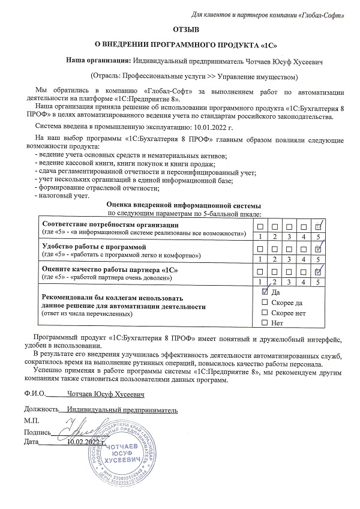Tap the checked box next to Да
pos(265,291)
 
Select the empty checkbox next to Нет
pos(265,324)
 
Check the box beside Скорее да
pos(265,303)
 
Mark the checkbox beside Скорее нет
pos(265,313)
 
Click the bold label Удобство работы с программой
pos(94,247)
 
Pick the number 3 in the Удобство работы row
pos(289,259)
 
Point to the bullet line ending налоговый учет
pos(63,196)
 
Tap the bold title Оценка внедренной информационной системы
pos(184,205)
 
